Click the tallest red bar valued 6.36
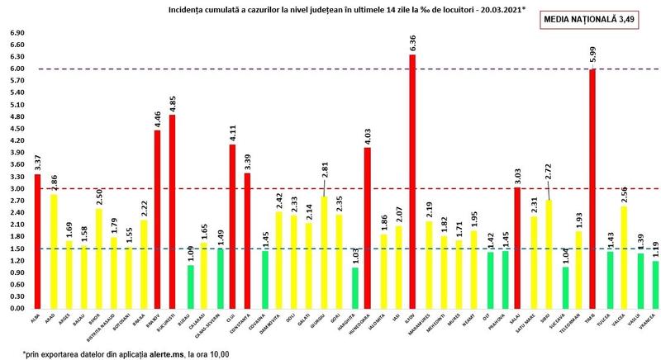coord(412,182)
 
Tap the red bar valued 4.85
coord(172,211)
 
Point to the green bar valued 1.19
coord(655,284)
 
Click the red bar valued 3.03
coord(517,248)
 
